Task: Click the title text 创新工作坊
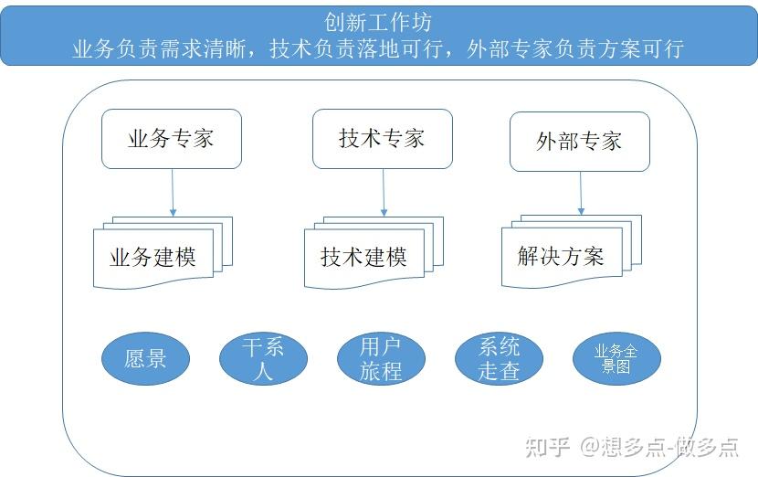(x=378, y=21)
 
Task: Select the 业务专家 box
(x=172, y=139)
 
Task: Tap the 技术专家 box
(x=382, y=139)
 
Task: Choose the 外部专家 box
(x=579, y=141)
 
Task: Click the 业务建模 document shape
(x=153, y=257)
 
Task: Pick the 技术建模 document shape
(x=363, y=257)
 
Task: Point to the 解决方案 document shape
(x=561, y=256)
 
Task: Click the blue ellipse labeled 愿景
(x=145, y=357)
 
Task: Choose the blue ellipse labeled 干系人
(x=264, y=358)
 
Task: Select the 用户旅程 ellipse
(x=381, y=358)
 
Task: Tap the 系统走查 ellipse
(x=499, y=358)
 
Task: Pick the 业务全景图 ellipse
(x=616, y=358)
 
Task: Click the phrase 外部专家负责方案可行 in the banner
(x=574, y=48)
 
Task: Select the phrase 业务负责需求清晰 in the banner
(x=159, y=48)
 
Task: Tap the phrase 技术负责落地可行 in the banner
(x=357, y=48)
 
